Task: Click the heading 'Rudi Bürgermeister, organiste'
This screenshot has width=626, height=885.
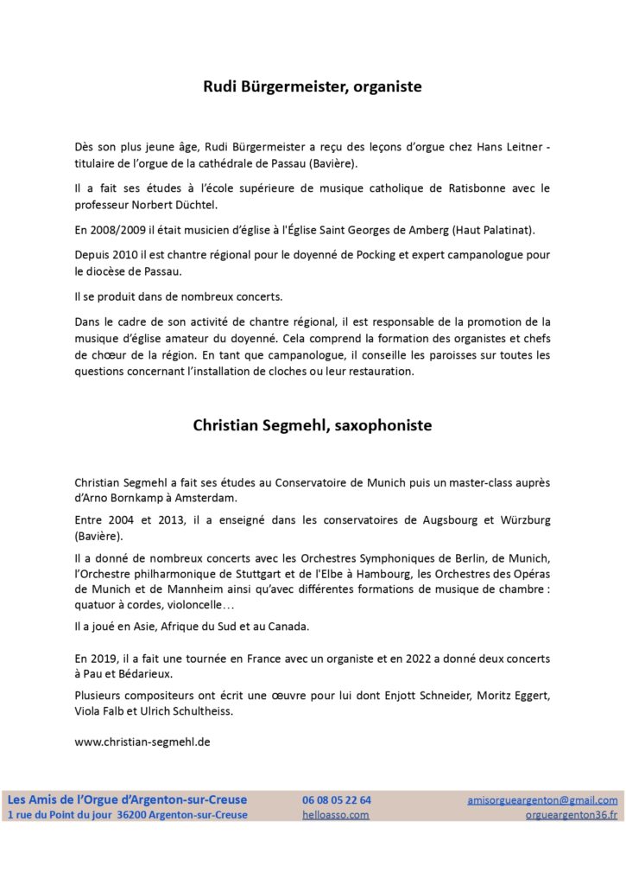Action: point(312,86)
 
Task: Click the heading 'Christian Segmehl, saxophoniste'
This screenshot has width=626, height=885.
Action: point(312,425)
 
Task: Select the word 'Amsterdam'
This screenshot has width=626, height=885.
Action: point(193,499)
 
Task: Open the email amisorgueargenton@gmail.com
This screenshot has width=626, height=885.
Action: point(542,800)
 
